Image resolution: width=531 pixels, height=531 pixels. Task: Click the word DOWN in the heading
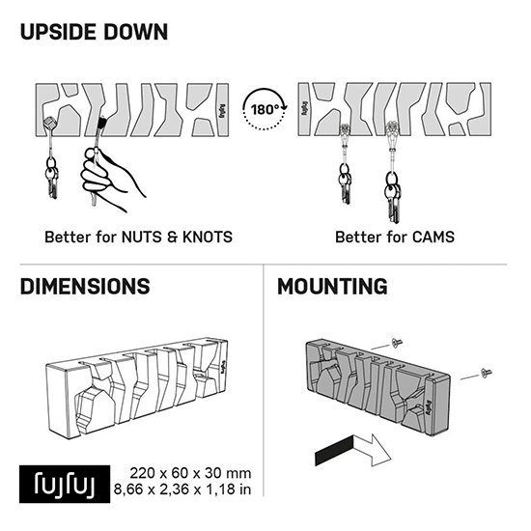135,32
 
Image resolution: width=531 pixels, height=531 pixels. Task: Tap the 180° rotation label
265,110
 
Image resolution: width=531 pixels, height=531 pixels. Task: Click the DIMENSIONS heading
85,287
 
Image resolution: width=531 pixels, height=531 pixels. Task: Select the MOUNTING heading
332,287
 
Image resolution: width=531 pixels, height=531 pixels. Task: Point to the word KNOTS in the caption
208,238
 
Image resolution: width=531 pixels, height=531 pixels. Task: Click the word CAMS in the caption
433,238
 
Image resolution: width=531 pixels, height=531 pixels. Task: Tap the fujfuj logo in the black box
65,484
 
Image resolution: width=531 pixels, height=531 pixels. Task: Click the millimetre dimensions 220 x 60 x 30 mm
190,473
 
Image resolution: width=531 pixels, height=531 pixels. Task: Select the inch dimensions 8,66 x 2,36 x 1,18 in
182,489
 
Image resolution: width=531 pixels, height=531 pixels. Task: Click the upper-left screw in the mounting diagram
396,343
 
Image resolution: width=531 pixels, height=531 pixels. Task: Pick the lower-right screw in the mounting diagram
487,373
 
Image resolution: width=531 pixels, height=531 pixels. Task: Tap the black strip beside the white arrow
334,451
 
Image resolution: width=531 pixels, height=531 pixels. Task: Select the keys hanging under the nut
52,179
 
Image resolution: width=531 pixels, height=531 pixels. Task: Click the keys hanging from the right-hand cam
393,197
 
